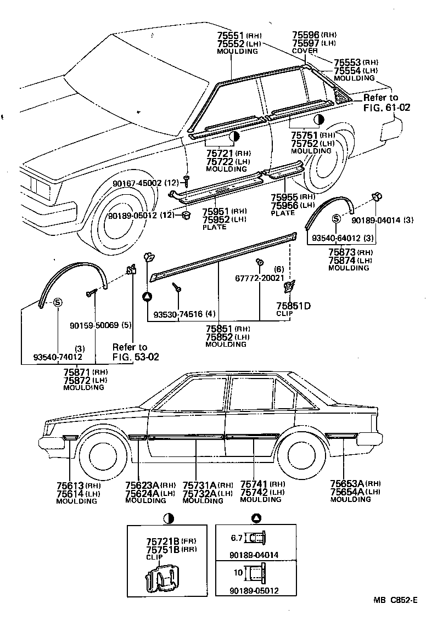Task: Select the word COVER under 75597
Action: tap(305, 51)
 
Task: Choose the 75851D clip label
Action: tap(293, 306)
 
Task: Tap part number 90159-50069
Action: tap(93, 325)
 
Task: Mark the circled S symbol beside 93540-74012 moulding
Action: tap(58, 301)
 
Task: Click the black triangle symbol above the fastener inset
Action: tap(255, 518)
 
